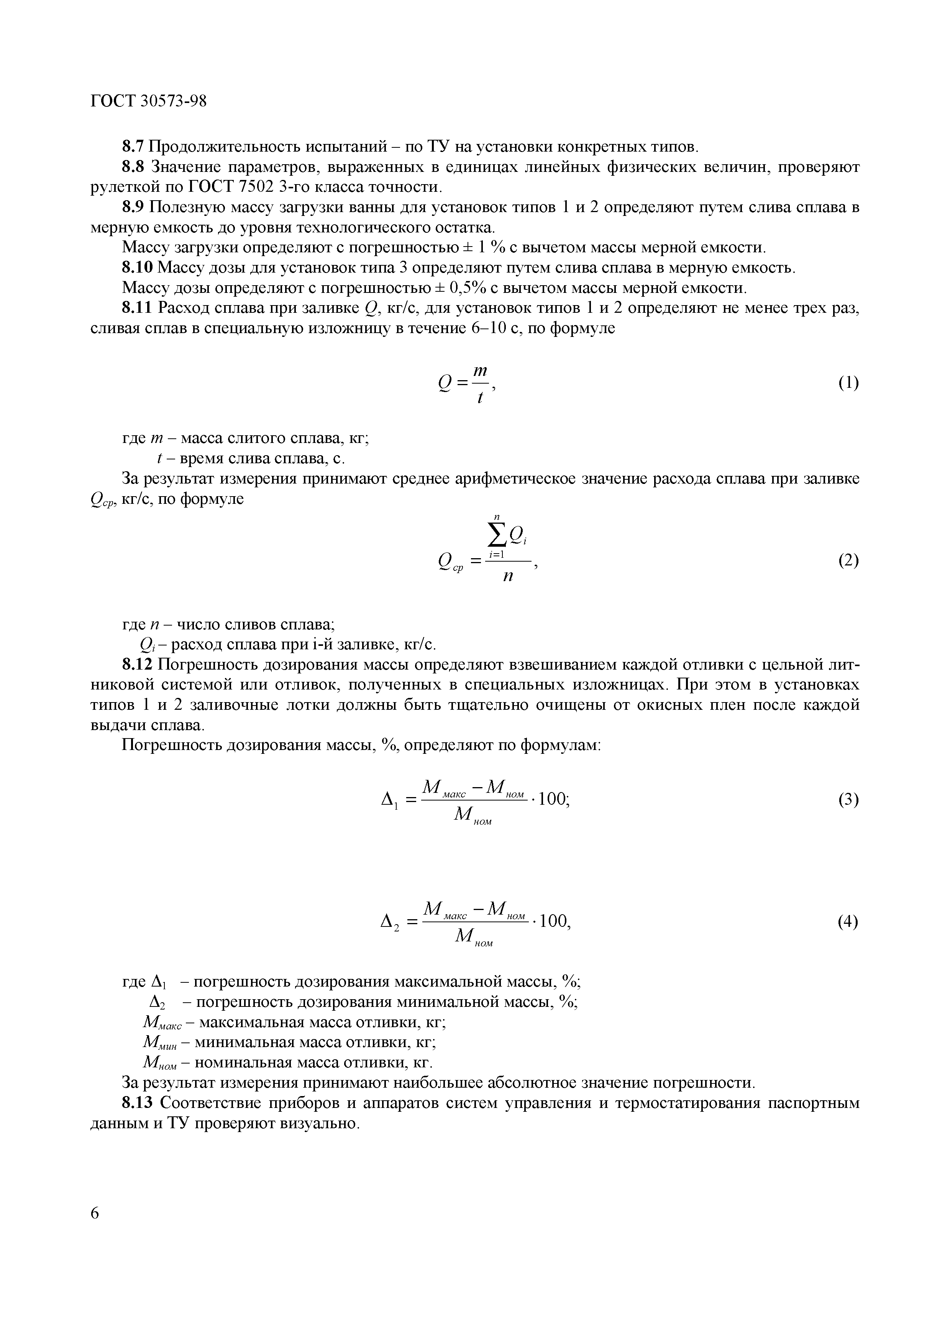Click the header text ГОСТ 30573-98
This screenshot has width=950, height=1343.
coord(149,101)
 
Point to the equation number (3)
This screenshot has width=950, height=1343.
coord(848,799)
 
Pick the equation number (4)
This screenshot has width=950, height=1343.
coord(848,922)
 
